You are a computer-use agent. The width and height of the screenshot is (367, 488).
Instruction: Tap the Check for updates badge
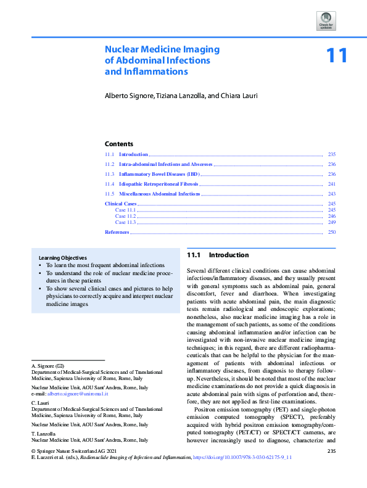click(x=326, y=20)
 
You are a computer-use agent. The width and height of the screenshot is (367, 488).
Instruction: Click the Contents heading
click(x=119, y=144)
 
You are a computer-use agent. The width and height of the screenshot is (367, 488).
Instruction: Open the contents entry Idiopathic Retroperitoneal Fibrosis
click(x=159, y=184)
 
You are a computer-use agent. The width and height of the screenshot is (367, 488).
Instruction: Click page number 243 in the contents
click(x=331, y=194)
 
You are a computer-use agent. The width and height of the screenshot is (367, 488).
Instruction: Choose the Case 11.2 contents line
click(x=125, y=217)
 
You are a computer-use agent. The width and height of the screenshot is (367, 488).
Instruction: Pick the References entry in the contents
click(x=117, y=232)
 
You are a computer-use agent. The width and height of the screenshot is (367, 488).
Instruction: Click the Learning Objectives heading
click(x=62, y=257)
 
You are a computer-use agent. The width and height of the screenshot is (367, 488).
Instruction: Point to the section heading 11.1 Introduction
click(x=218, y=255)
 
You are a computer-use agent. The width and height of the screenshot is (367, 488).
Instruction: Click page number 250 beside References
click(x=331, y=232)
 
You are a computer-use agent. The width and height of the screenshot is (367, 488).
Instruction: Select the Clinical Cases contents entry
click(x=121, y=204)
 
